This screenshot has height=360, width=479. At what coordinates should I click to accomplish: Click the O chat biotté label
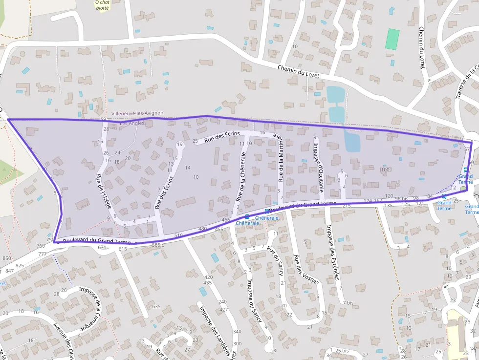tap(102, 5)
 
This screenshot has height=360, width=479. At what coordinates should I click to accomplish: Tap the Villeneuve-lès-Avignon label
tap(137, 113)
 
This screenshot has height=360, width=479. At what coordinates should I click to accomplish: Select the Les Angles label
tap(132, 124)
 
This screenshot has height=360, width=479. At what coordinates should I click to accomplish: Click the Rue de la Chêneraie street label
tap(240, 184)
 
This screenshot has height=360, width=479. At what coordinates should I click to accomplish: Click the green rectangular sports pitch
tap(392, 39)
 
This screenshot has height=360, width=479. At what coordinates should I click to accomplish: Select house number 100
tap(385, 170)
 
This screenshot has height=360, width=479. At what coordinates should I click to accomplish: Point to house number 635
tap(156, 306)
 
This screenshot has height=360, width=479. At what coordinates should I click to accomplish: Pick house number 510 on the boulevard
tap(178, 235)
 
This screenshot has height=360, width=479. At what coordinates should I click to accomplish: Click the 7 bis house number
tap(348, 303)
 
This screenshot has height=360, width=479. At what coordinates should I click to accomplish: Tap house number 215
tap(347, 206)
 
